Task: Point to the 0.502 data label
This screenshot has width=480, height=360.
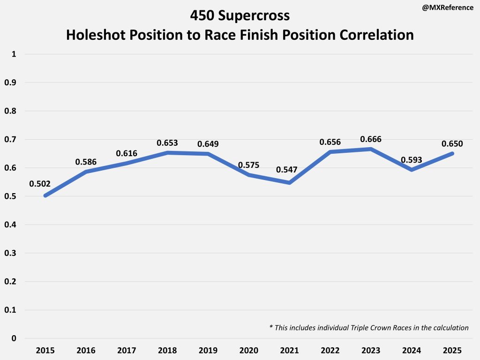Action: point(40,183)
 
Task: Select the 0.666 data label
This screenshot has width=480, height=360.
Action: point(371,139)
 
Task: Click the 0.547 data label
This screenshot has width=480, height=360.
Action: point(286,170)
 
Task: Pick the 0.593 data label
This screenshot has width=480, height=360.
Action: point(411,159)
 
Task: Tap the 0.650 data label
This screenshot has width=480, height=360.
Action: point(452,143)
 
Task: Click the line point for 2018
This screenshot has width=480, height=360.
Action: point(168,153)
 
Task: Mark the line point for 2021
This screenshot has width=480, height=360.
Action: point(290,183)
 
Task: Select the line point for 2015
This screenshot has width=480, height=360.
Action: point(45,195)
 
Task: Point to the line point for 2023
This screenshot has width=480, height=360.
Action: point(371,149)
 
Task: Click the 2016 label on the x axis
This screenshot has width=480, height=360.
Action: point(86,351)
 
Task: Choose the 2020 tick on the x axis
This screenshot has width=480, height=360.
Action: point(249,351)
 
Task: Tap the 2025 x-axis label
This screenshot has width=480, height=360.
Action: point(452,351)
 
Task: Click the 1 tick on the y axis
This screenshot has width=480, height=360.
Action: point(14,54)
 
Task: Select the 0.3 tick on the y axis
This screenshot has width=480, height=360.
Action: point(10,253)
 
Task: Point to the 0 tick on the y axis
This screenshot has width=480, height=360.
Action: point(14,338)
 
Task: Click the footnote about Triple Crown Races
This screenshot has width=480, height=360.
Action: point(369,328)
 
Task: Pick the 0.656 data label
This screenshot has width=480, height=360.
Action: point(330,142)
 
